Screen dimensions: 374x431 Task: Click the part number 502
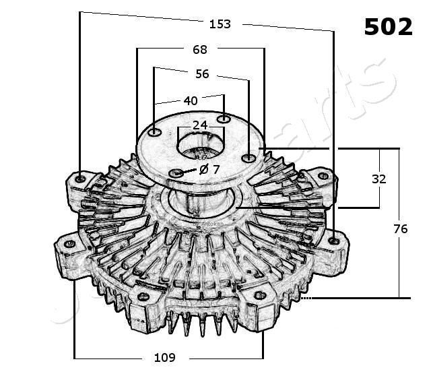point(388,26)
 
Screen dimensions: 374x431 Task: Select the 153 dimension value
point(220,24)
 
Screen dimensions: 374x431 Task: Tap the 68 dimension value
point(200,49)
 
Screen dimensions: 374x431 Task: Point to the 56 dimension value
point(202,73)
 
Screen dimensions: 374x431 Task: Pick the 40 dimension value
point(191,100)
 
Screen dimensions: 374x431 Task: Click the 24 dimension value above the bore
point(200,125)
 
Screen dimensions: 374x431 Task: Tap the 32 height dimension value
point(379,179)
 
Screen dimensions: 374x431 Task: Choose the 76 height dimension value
point(400,229)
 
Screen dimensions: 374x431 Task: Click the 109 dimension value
point(166,357)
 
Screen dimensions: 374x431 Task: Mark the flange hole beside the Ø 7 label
point(176,174)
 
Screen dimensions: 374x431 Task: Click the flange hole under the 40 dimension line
point(224,119)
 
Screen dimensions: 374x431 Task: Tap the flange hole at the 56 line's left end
point(155,132)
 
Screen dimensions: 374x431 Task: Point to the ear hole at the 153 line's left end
point(81,179)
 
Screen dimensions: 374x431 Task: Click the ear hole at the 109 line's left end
point(143,296)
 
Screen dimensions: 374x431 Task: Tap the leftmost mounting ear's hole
point(67,245)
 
